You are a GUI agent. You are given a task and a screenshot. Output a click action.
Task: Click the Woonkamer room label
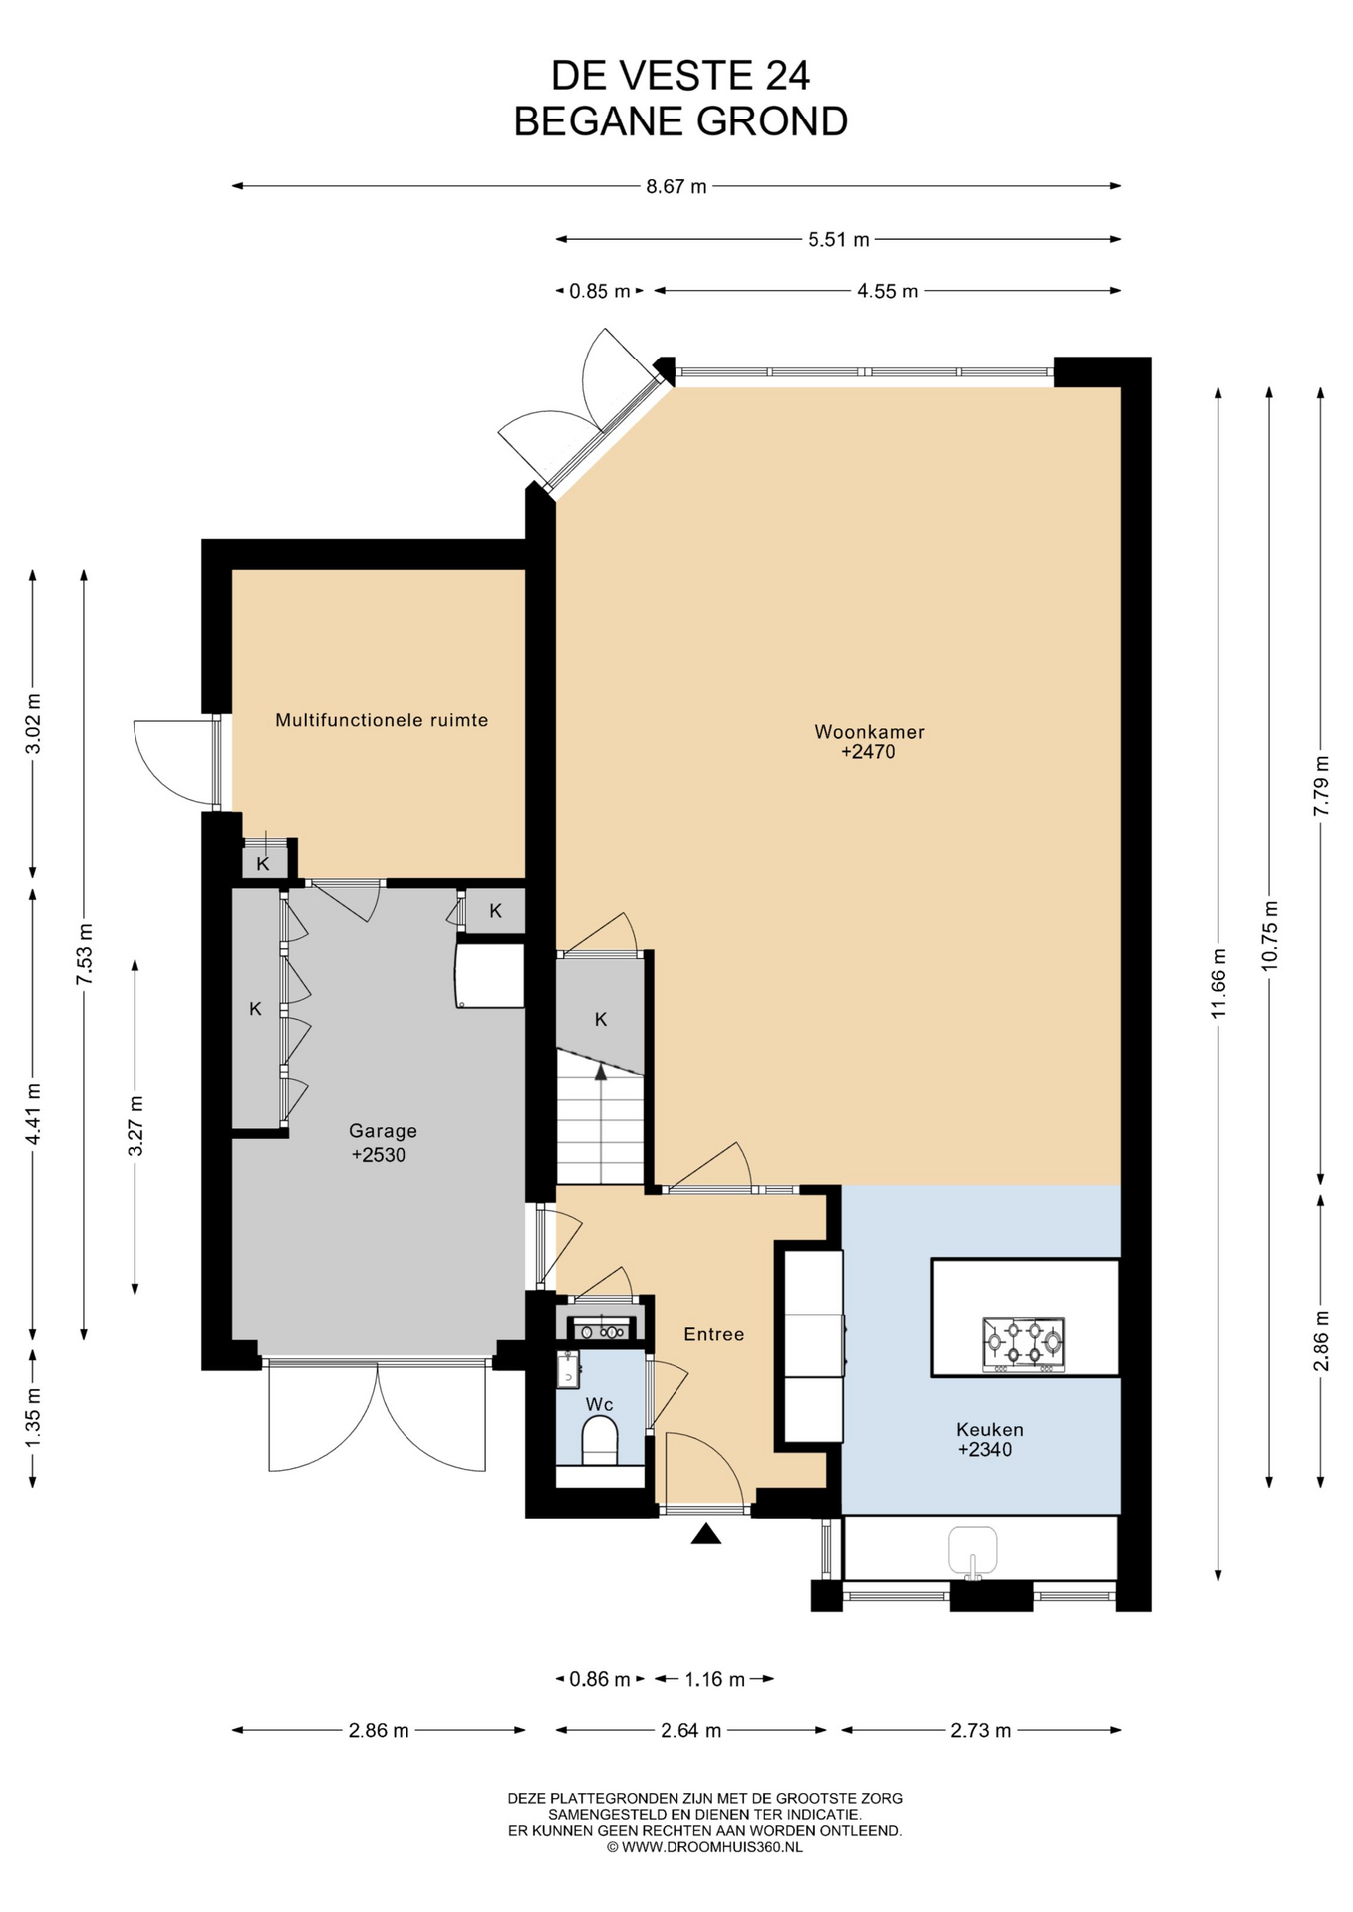[x=869, y=732]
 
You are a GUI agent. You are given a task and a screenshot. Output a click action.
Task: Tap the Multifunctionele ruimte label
[x=382, y=720]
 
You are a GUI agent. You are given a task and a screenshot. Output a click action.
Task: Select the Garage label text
[x=383, y=1131]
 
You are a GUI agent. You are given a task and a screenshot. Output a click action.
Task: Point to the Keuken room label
[x=989, y=1429]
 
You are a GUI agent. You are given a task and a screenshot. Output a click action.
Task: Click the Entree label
[x=714, y=1334]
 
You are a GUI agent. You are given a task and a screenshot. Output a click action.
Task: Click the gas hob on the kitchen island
[x=1023, y=1344]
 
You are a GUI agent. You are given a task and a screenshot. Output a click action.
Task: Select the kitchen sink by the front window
[x=972, y=1552]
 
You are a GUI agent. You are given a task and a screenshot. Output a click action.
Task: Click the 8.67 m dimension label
[x=676, y=186]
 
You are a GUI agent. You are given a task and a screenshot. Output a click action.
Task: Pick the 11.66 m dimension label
[x=1218, y=983]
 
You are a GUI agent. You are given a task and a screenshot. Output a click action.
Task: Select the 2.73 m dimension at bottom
[x=981, y=1730]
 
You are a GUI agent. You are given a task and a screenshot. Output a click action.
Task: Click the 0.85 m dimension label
[x=600, y=291]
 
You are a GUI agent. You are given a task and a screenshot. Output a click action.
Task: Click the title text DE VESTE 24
[x=680, y=76]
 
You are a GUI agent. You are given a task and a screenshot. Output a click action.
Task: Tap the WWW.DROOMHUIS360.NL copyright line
[x=704, y=1847]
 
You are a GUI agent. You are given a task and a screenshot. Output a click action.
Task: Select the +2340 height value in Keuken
[x=985, y=1450]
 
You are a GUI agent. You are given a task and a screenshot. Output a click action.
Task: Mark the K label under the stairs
[x=601, y=1020]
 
